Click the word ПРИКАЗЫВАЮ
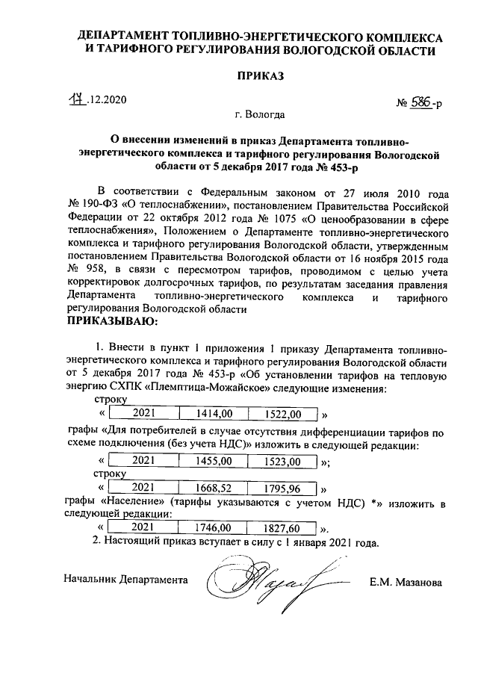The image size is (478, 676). click(x=113, y=322)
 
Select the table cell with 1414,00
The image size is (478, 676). click(x=214, y=413)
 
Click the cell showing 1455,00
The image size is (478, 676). click(x=214, y=462)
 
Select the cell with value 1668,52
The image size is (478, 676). click(x=214, y=489)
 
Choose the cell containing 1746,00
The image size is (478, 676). click(x=214, y=527)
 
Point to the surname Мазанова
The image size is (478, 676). click(x=418, y=581)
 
